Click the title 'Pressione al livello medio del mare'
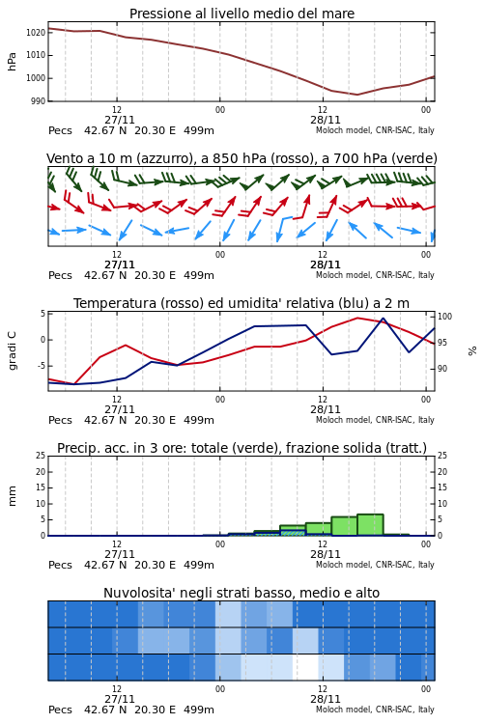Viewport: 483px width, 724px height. pyautogui.click(x=241, y=14)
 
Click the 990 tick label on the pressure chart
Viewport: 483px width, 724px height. pyautogui.click(x=39, y=100)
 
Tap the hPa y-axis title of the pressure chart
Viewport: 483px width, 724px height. pyautogui.click(x=12, y=62)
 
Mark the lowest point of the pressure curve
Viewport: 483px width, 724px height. pyautogui.click(x=356, y=95)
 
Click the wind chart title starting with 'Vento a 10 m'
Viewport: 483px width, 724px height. pyautogui.click(x=241, y=158)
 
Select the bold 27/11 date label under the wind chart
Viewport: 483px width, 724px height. pyautogui.click(x=119, y=265)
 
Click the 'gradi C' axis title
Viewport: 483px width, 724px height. pyautogui.click(x=12, y=350)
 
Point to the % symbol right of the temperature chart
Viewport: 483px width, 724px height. pyautogui.click(x=472, y=351)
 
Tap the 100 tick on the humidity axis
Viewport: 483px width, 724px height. pyautogui.click(x=444, y=317)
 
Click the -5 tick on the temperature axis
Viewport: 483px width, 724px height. pyautogui.click(x=42, y=365)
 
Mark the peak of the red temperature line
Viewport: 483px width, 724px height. pyautogui.click(x=357, y=318)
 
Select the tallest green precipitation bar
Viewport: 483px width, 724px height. pyautogui.click(x=370, y=525)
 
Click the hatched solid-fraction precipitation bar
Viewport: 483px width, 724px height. pyautogui.click(x=293, y=533)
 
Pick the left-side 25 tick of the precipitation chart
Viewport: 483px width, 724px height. pyautogui.click(x=41, y=456)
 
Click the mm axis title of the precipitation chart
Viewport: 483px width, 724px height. pyautogui.click(x=12, y=495)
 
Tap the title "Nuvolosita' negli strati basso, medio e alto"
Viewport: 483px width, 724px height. pyautogui.click(x=241, y=593)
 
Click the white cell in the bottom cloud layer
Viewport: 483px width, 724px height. pyautogui.click(x=305, y=667)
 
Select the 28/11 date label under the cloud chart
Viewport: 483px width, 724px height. pyautogui.click(x=326, y=699)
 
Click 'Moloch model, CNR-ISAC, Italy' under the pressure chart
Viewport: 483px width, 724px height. pyautogui.click(x=375, y=130)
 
